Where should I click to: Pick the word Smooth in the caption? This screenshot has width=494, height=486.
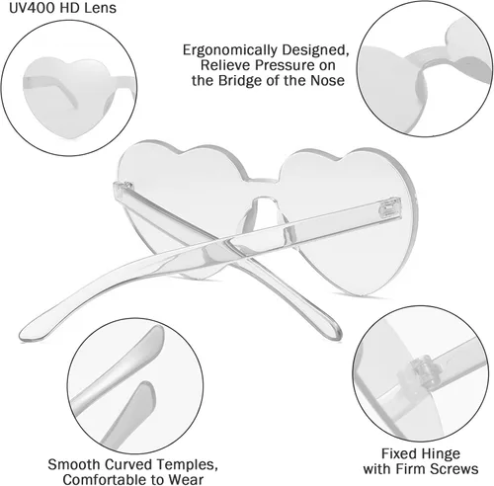(74, 464)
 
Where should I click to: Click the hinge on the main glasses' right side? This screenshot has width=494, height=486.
(391, 207)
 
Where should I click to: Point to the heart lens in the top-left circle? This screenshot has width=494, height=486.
(67, 97)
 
